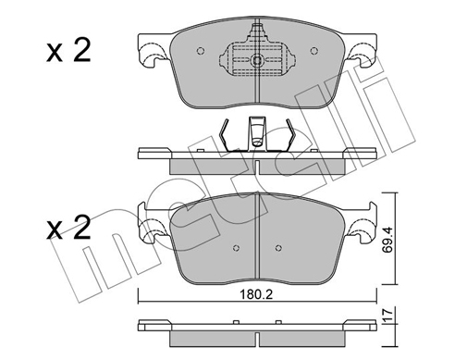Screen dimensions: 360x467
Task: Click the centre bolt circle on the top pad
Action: (256, 62)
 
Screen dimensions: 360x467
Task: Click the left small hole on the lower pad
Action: (236, 247)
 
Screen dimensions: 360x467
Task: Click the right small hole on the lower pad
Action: (277, 247)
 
